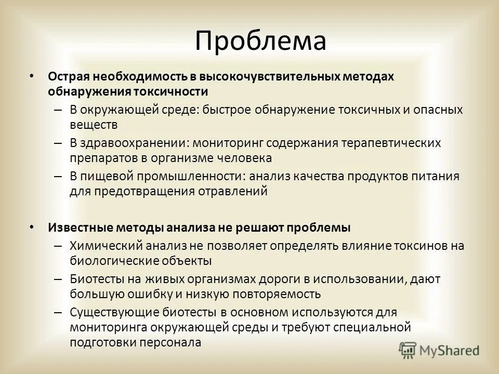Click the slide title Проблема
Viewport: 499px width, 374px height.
(x=260, y=41)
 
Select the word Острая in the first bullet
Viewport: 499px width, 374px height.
(x=69, y=77)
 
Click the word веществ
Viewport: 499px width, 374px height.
(x=94, y=125)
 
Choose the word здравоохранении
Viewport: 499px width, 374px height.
(x=130, y=142)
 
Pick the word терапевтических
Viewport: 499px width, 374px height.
(x=390, y=142)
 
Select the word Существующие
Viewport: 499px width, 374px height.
(x=111, y=312)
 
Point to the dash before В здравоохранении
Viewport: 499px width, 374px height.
(x=59, y=142)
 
